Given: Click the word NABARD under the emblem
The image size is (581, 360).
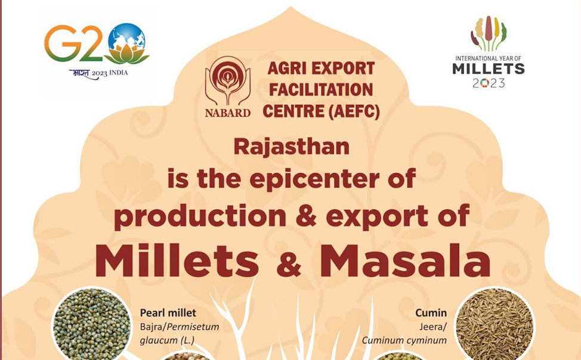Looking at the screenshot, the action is [x=228, y=113].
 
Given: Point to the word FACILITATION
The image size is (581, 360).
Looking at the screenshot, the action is [x=321, y=89].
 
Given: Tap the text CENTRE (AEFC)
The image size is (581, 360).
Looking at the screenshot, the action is [x=322, y=111].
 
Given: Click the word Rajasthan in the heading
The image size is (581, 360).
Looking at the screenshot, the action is [x=292, y=147].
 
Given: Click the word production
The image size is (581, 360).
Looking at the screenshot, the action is [x=200, y=216].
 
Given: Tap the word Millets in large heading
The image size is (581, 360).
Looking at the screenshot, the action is [x=177, y=260].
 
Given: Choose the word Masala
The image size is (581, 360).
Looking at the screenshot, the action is [x=406, y=260].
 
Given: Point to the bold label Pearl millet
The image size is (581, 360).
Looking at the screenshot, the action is [x=168, y=314].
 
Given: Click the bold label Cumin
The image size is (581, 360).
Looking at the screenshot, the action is [x=431, y=313].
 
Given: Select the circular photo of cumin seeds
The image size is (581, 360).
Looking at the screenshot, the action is [x=495, y=324].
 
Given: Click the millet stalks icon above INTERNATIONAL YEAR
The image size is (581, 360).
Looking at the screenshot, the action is [x=489, y=34].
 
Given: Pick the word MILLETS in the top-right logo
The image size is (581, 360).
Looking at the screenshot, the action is [x=489, y=69].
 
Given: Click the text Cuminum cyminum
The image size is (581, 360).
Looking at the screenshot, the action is [x=404, y=340].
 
